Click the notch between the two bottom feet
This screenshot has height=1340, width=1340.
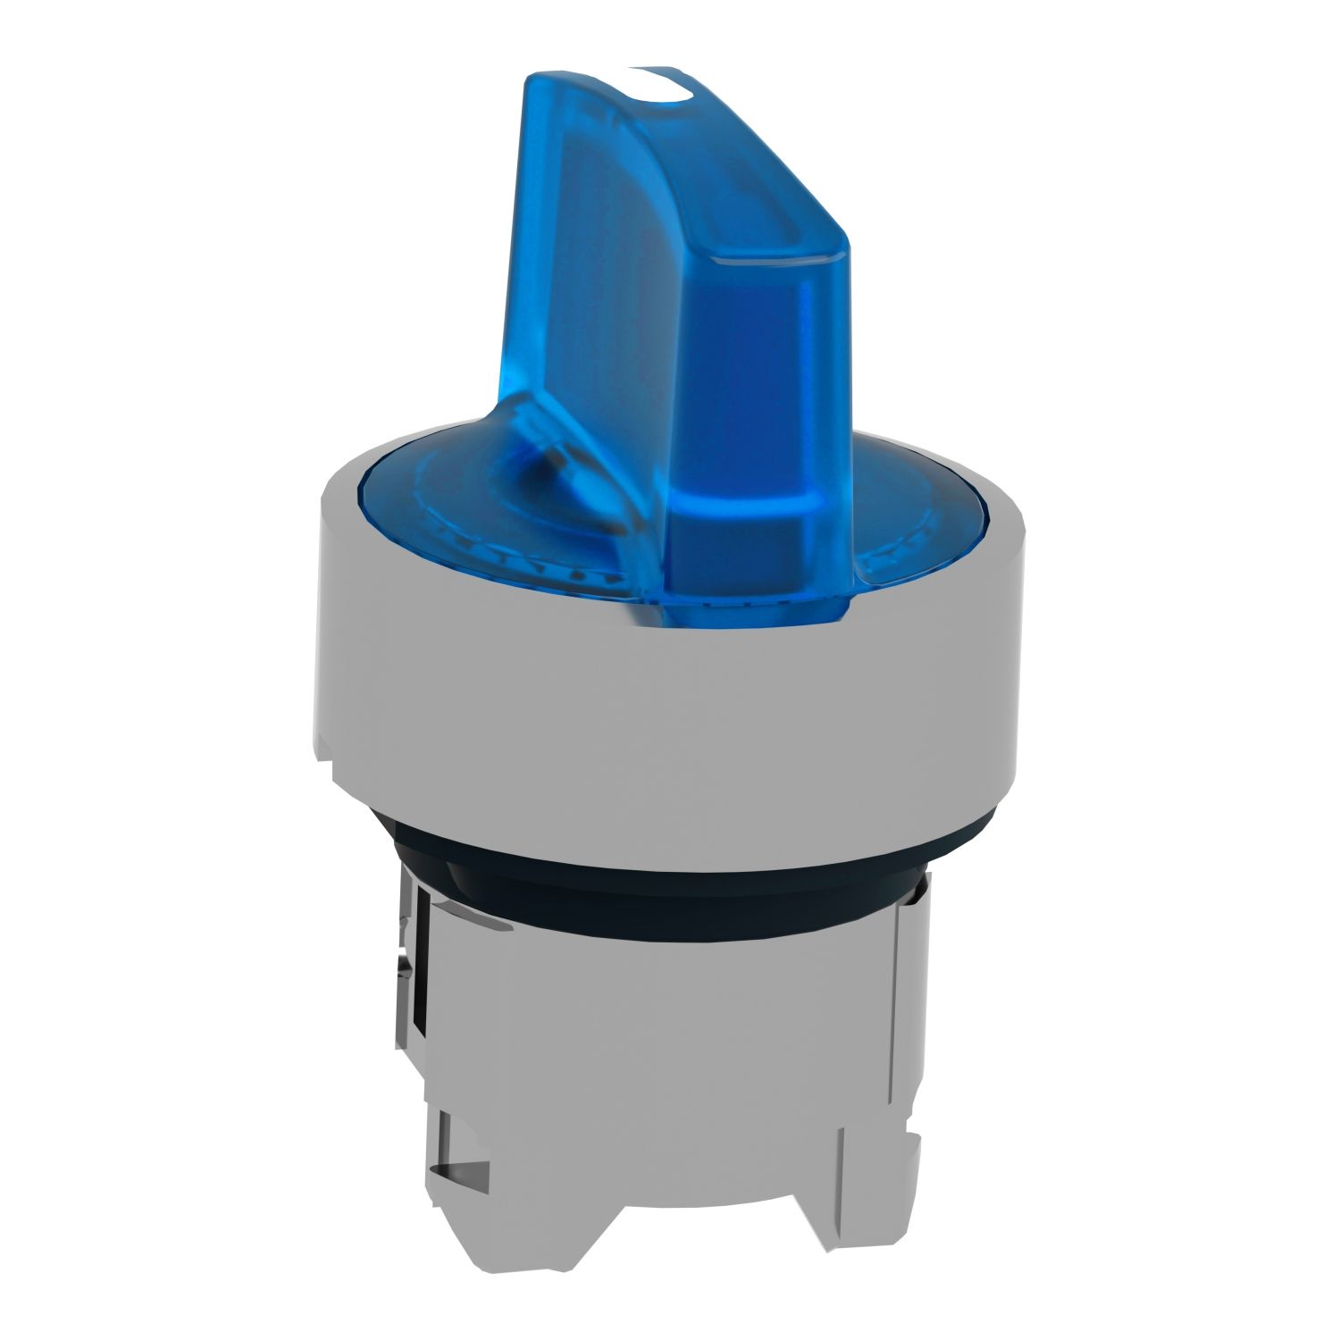pyautogui.click(x=670, y=1161)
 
